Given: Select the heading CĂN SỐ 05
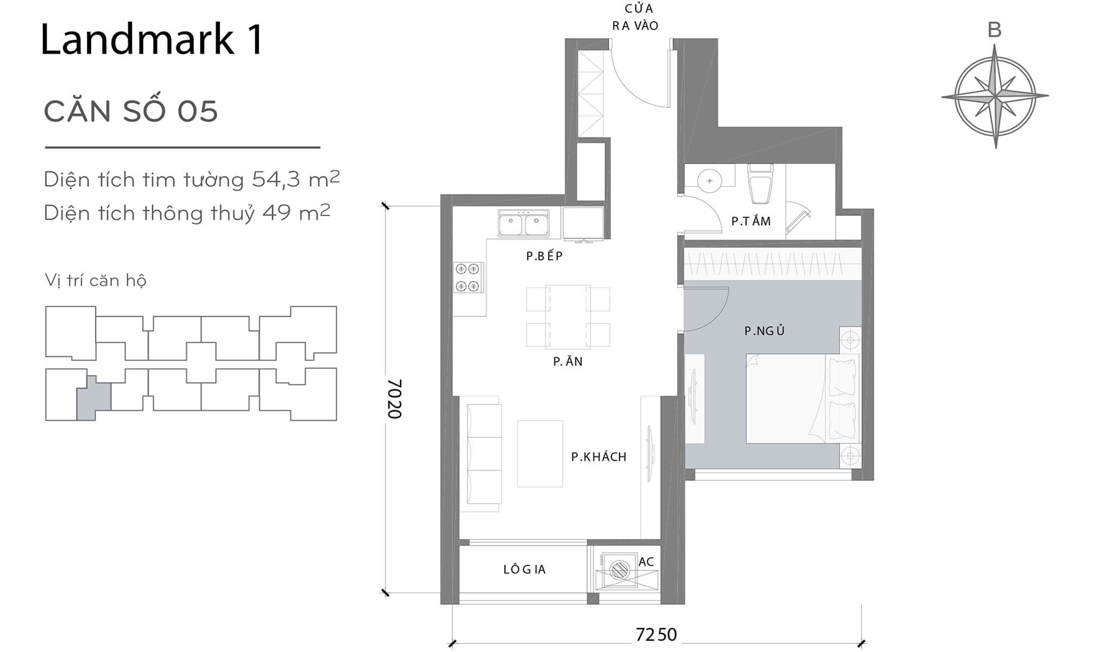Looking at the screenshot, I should [131, 111].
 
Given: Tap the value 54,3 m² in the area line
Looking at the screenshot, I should [296, 179].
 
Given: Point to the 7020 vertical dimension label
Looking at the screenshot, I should [395, 399].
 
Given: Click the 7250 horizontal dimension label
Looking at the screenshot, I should [656, 634].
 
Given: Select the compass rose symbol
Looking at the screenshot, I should [995, 97].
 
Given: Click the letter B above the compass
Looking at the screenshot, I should [994, 30].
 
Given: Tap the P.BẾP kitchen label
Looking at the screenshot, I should [544, 256].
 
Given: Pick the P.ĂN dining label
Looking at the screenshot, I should [567, 361].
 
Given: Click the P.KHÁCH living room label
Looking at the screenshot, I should [598, 457].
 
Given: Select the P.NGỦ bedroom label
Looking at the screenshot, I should [764, 330].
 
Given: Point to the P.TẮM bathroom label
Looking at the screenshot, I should [751, 221].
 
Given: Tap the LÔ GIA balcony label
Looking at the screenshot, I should [524, 569].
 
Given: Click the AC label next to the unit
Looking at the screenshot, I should [646, 562].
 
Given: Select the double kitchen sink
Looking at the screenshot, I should [523, 224].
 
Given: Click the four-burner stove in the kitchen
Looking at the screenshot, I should [468, 277].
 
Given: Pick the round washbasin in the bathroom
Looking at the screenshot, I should [709, 180].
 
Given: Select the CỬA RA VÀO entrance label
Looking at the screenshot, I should [635, 17].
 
